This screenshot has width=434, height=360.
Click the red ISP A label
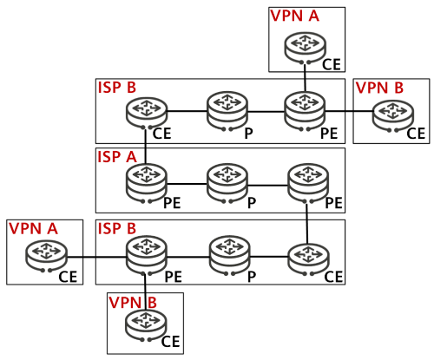117,157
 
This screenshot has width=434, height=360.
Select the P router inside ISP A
227,184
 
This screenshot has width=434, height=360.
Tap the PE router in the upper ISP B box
305,112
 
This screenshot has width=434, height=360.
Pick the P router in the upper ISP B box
227,112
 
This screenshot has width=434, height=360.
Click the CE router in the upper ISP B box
147,114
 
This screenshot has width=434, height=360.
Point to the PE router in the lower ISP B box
147,256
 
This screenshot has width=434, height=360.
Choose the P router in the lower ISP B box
230,256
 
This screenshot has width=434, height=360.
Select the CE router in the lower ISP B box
308,259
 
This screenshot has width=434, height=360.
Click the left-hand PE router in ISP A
147,184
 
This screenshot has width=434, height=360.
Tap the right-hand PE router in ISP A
308,184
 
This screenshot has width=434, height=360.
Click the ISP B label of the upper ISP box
117,88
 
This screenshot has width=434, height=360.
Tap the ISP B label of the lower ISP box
117,228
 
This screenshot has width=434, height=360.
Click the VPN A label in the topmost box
294,16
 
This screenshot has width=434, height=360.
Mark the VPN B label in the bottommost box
133,303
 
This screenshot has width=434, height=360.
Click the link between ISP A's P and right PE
268,185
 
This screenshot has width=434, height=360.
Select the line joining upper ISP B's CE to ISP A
146,147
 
